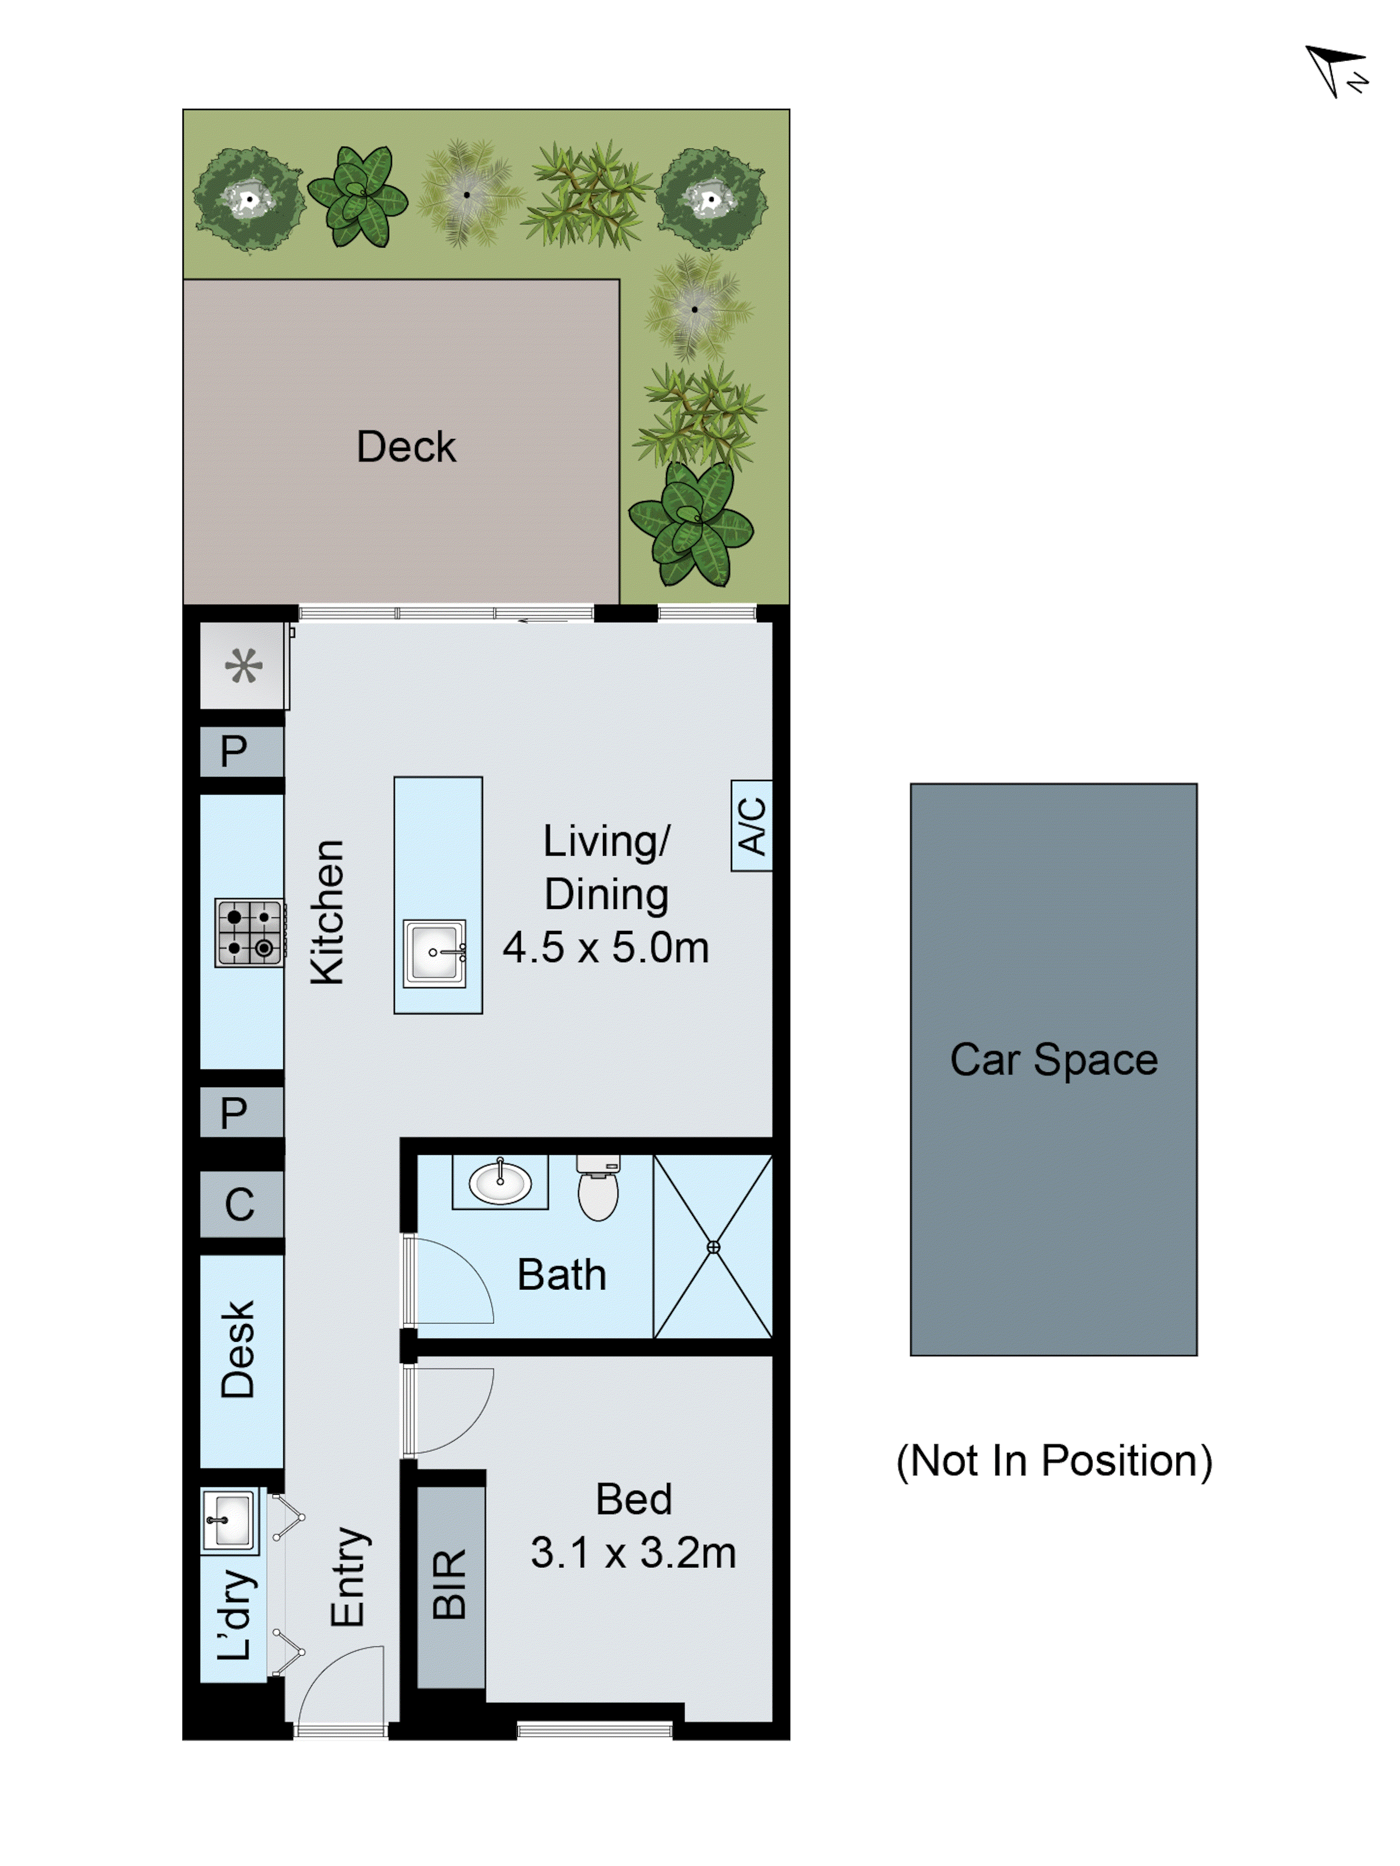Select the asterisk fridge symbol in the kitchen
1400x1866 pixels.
click(x=243, y=666)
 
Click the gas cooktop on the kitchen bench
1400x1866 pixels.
click(x=249, y=932)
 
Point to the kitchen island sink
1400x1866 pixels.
click(x=434, y=953)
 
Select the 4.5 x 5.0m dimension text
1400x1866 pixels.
click(x=605, y=947)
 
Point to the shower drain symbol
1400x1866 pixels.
click(x=713, y=1247)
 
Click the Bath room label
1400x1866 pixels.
click(x=561, y=1275)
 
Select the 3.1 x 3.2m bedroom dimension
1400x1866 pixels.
click(x=633, y=1553)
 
